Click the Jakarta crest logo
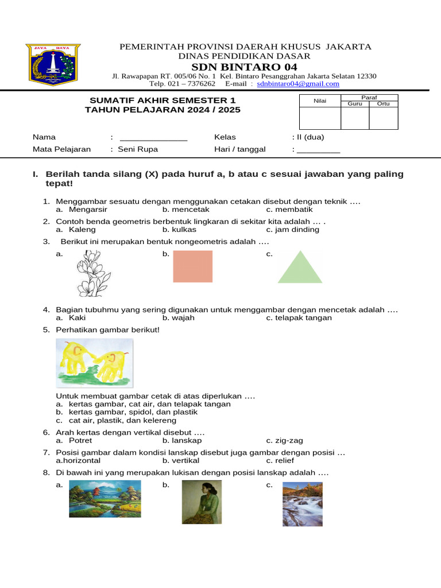pyautogui.click(x=52, y=64)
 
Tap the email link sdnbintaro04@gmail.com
pyautogui.click(x=298, y=83)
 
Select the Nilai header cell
pyautogui.click(x=319, y=101)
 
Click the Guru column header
pyautogui.click(x=355, y=104)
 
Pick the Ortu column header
pyautogui.click(x=383, y=104)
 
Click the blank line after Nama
pyautogui.click(x=153, y=138)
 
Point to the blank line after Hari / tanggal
pyautogui.click(x=318, y=150)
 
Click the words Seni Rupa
pyautogui.click(x=138, y=149)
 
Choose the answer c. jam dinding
pyautogui.click(x=293, y=230)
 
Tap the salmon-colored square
pyautogui.click(x=192, y=266)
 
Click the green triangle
pyautogui.click(x=300, y=268)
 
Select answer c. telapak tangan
pyautogui.click(x=299, y=318)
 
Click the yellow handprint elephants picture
pyautogui.click(x=94, y=363)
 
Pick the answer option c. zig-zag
pyautogui.click(x=284, y=440)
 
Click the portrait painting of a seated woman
pyautogui.click(x=201, y=502)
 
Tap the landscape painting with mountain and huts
pyautogui.click(x=105, y=499)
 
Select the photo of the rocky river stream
pyautogui.click(x=302, y=504)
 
